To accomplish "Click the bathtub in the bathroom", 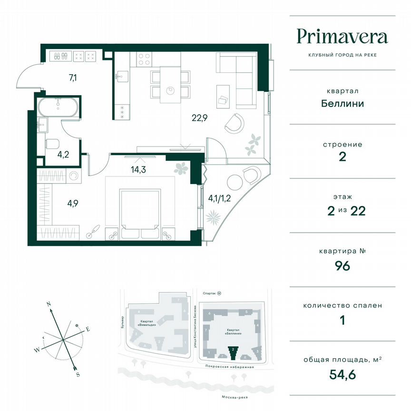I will (x=58, y=107).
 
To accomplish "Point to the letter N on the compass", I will (x=48, y=303).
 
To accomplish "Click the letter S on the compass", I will (x=78, y=374).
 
